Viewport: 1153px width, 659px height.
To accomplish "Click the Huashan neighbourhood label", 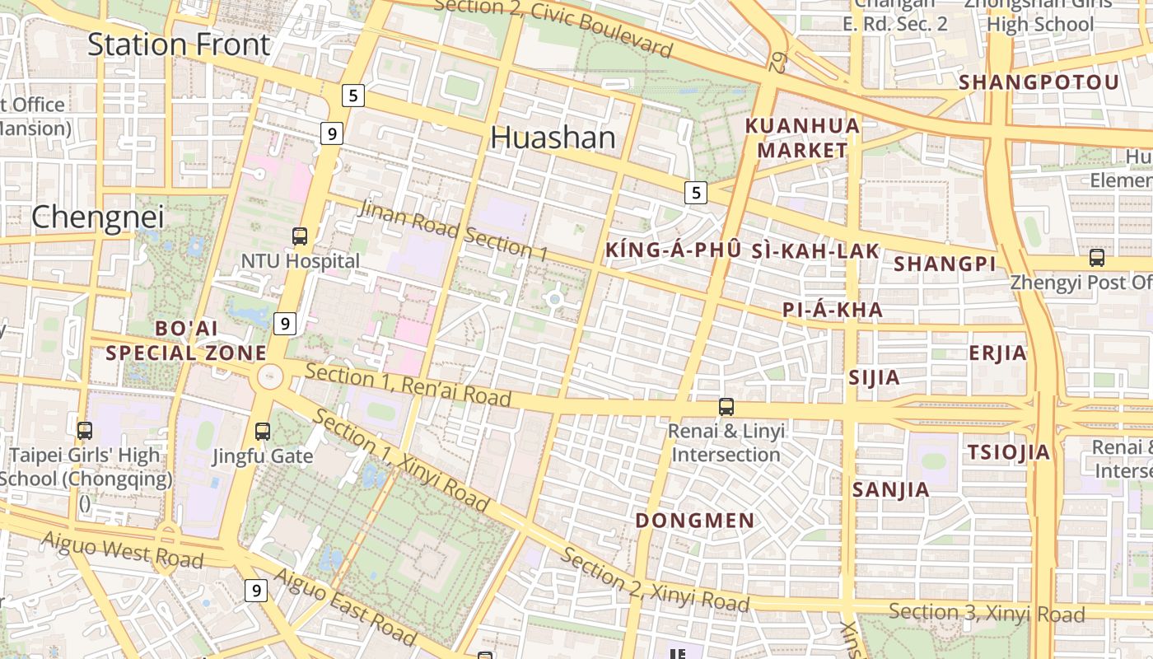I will [553, 138].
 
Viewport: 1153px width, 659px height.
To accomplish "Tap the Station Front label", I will [179, 44].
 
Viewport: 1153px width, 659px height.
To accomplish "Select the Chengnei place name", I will [97, 217].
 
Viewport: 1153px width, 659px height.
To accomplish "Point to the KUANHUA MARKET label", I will [803, 138].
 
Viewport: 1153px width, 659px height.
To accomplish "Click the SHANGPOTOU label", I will [1039, 82].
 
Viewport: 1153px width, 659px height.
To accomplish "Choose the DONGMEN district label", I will [695, 521].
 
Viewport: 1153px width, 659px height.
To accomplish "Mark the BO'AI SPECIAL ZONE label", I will [186, 341].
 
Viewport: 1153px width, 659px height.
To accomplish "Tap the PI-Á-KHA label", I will [833, 311].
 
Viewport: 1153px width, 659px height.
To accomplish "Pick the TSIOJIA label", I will [1009, 452].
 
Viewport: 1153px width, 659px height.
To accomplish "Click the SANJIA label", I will [891, 490].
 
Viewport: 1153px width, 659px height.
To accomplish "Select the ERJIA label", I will [998, 353].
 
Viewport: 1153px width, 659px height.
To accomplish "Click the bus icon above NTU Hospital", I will [300, 236].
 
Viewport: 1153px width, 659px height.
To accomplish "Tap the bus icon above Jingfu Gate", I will [263, 431].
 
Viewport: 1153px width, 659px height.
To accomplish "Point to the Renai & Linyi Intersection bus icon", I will [726, 406].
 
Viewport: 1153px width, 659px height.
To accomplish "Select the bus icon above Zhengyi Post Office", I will [1097, 258].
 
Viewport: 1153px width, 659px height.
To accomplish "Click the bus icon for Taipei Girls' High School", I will [84, 430].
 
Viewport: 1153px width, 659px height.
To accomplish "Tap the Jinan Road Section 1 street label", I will [453, 230].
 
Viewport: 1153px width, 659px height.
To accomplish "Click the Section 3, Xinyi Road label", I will [987, 613].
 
